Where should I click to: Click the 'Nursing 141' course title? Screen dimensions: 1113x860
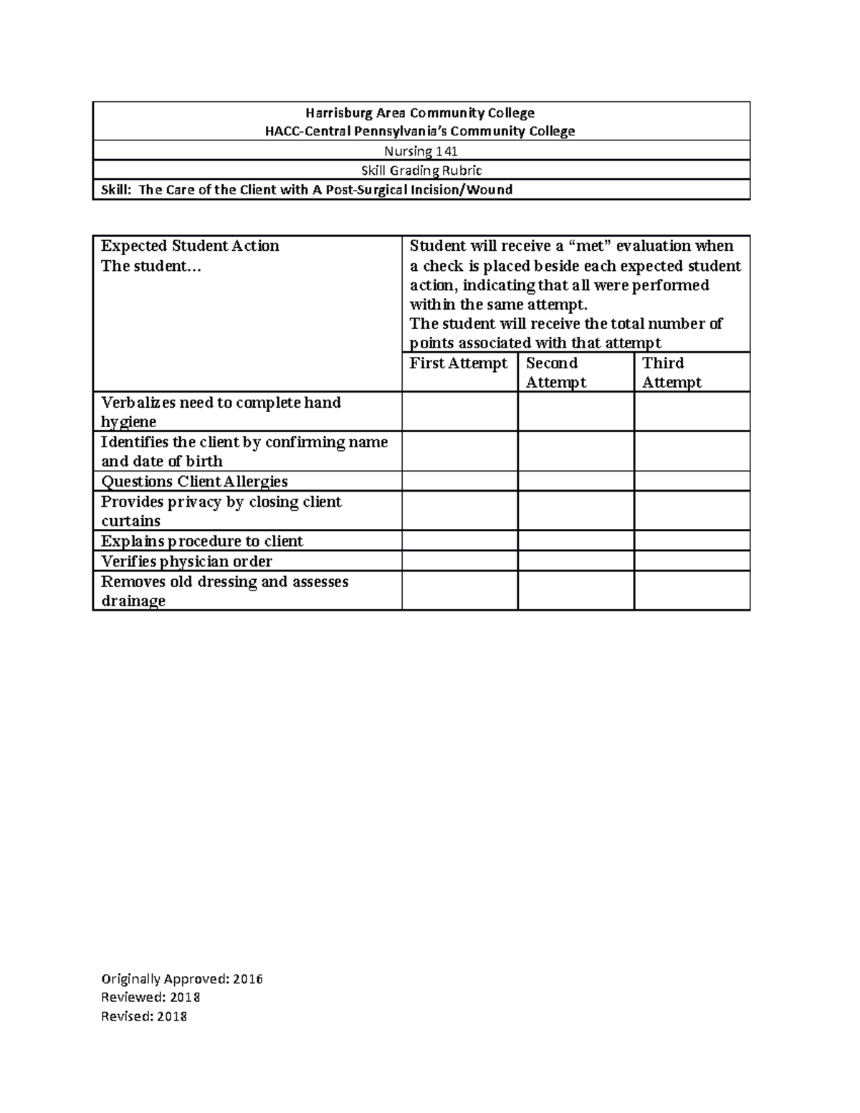[x=421, y=151]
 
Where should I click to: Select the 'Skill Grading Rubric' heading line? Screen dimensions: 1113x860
[x=421, y=171]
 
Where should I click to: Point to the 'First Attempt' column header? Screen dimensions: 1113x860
[x=458, y=363]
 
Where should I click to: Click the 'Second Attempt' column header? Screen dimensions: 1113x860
[x=555, y=373]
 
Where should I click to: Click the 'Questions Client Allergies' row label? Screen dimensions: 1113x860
[x=194, y=482]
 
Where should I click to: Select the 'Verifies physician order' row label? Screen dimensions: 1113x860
[x=186, y=561]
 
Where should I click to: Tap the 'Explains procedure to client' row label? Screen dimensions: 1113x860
[x=202, y=541]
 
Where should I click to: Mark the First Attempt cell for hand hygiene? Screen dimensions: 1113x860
[x=459, y=411]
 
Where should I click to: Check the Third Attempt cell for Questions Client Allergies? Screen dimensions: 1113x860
[x=692, y=481]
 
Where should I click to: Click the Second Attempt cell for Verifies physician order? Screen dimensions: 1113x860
[x=575, y=560]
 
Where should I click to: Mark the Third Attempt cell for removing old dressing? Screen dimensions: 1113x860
[x=692, y=591]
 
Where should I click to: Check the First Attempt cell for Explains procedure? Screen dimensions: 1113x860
[x=459, y=540]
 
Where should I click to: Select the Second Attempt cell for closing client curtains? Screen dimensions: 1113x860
[x=575, y=510]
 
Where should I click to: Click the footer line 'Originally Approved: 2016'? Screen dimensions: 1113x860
[x=182, y=979]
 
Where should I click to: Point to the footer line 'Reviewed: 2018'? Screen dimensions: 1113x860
[x=150, y=998]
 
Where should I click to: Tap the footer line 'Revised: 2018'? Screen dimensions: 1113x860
[x=144, y=1016]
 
